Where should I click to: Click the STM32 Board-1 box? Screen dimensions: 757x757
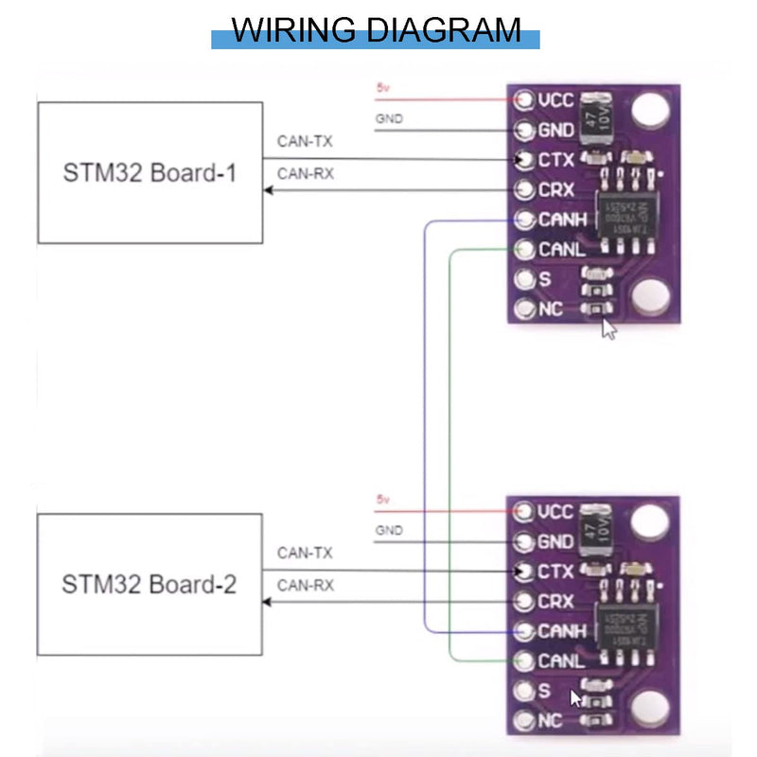pos(150,173)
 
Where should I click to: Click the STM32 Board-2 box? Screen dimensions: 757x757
pos(150,584)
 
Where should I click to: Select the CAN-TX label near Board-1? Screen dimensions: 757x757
pos(305,142)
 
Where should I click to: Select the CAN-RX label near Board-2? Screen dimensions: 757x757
pos(305,585)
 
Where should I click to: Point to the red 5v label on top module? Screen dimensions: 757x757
pos(382,88)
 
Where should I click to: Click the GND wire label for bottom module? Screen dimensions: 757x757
pos(388,531)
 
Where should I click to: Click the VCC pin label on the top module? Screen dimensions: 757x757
pos(555,99)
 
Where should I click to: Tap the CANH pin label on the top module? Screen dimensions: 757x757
pos(562,220)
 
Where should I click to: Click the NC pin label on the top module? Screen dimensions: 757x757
pos(550,309)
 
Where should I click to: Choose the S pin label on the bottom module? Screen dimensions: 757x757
pos(544,691)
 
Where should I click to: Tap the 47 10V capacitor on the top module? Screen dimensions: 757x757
pos(597,115)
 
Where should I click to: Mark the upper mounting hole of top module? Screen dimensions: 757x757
pos(649,112)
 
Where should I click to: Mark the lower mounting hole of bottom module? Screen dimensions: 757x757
pos(649,708)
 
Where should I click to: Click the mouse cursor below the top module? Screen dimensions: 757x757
pos(609,328)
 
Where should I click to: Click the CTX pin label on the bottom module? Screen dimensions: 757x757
pos(555,572)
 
